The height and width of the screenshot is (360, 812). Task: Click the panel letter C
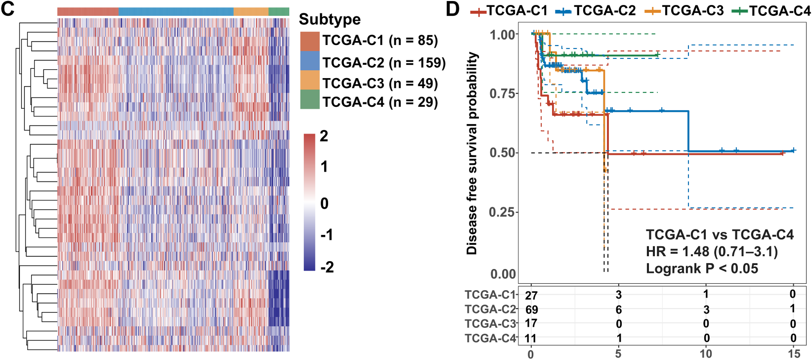[x=8, y=9]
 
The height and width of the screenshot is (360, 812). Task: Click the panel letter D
[x=453, y=9]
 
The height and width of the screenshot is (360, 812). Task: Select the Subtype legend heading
[x=330, y=19]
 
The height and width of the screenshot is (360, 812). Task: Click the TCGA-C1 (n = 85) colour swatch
[x=310, y=41]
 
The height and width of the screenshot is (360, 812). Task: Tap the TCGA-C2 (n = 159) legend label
[x=384, y=63]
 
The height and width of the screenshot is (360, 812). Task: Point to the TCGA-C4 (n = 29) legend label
[x=380, y=102]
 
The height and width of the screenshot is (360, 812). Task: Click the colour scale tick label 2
[x=324, y=136]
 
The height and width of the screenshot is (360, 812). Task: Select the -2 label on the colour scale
[x=327, y=267]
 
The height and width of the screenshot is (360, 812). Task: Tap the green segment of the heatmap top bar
[x=279, y=11]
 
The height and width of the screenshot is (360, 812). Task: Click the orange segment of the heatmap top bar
[x=251, y=11]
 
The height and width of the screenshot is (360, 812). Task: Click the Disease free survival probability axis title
[x=472, y=153]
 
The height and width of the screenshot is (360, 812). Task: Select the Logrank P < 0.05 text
[x=702, y=269]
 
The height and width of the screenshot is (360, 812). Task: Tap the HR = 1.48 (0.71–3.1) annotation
[x=712, y=252]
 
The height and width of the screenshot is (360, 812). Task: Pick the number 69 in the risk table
[x=532, y=310]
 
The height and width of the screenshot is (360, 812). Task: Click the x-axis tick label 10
[x=706, y=353]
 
